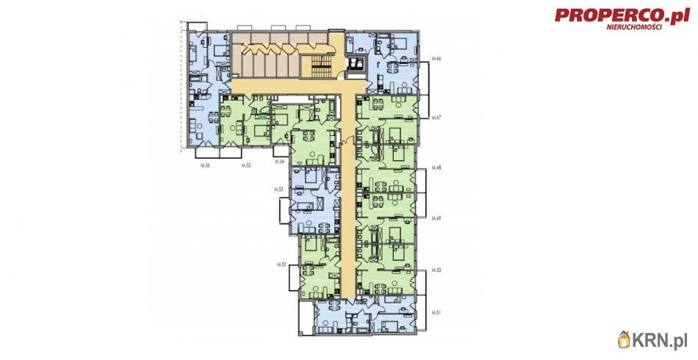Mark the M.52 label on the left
(x=281, y=264)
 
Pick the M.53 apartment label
(x=278, y=190)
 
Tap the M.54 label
(x=278, y=161)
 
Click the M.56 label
(x=206, y=166)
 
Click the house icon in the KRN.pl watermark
(x=625, y=339)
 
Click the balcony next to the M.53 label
(x=284, y=210)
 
